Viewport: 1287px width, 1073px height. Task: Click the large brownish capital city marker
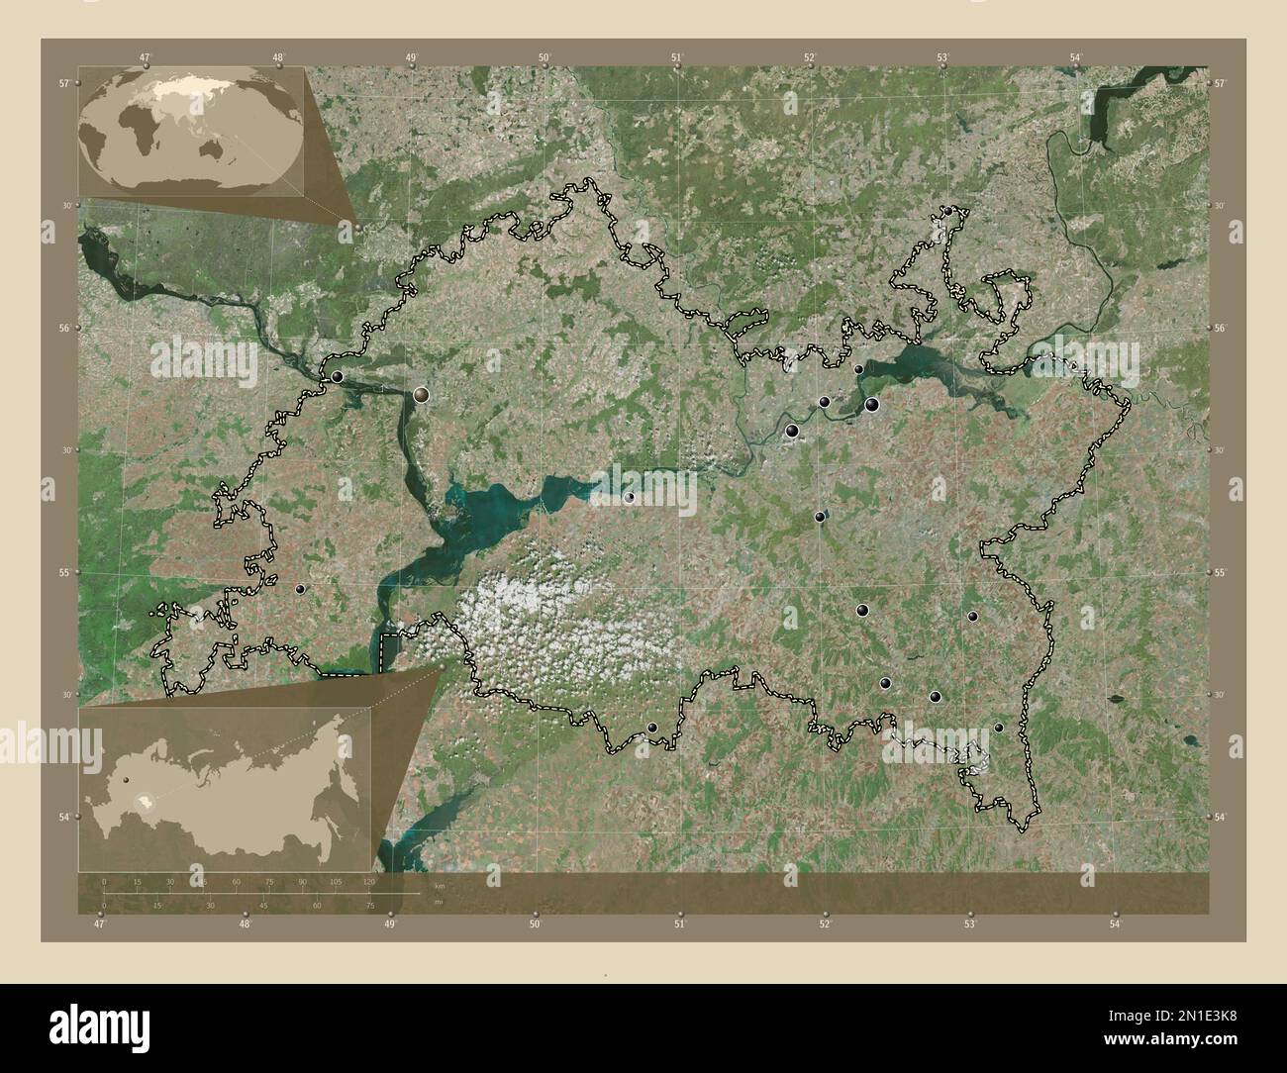(423, 395)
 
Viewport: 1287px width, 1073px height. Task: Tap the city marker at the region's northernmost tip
(947, 211)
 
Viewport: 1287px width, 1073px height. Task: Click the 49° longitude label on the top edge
(411, 57)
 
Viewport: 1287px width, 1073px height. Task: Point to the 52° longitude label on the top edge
(810, 57)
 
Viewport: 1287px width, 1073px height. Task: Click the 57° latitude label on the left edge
(61, 84)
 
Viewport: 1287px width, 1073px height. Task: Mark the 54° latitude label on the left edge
(61, 817)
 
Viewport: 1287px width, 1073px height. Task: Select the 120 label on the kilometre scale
(369, 881)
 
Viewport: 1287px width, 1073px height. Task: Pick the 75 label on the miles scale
(369, 905)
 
